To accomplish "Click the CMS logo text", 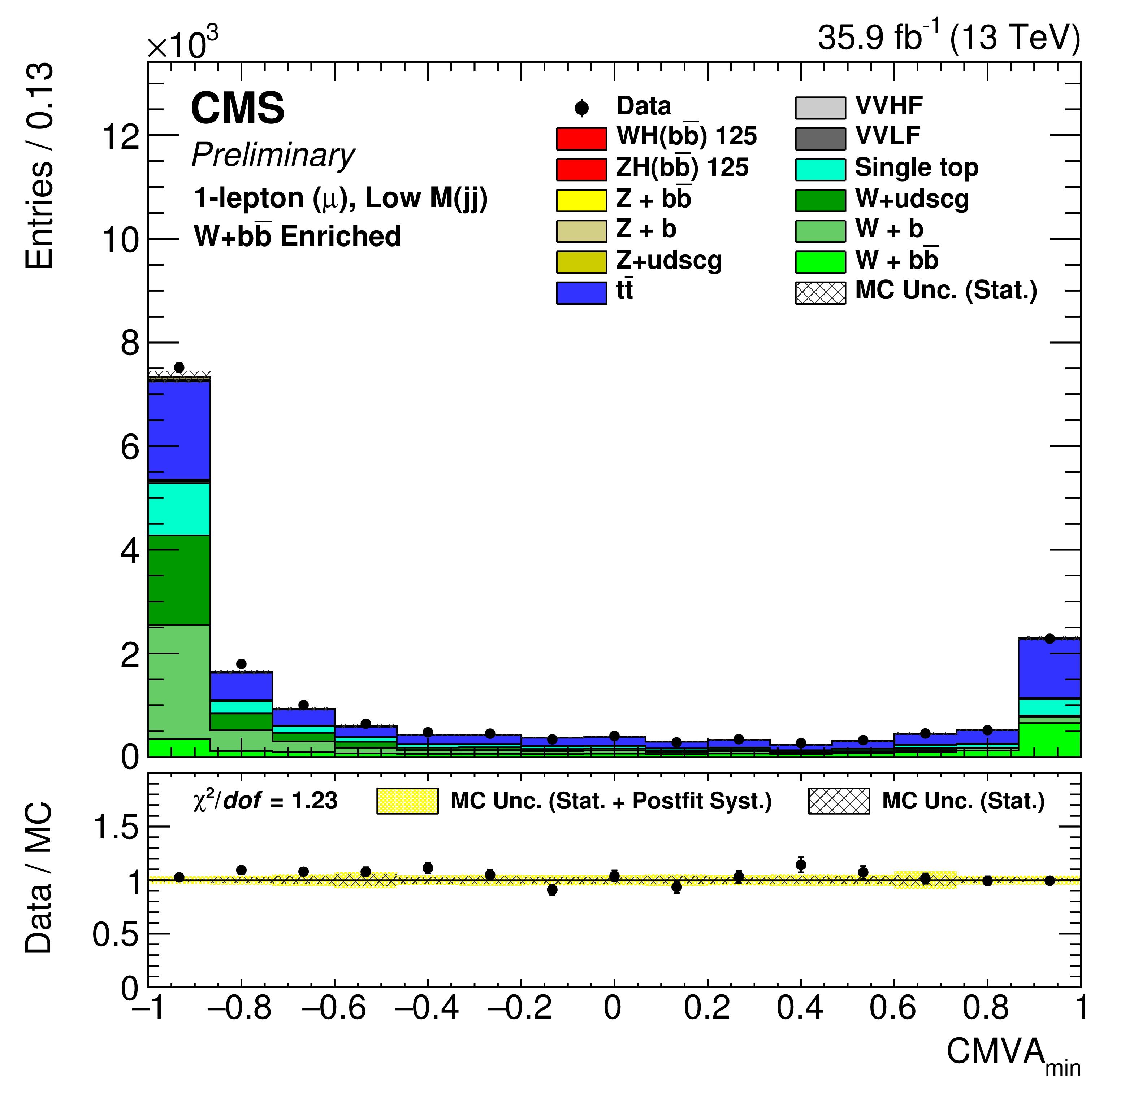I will [238, 109].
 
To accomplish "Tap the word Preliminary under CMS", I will [273, 156].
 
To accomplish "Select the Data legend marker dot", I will [581, 108].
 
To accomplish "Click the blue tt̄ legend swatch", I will [581, 292].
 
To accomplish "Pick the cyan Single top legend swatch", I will [820, 169].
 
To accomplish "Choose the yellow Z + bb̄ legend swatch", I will [581, 200].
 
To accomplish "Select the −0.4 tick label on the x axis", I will [427, 1008].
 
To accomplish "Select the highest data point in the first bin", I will [179, 367].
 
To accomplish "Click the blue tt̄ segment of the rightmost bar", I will [1048, 668].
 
